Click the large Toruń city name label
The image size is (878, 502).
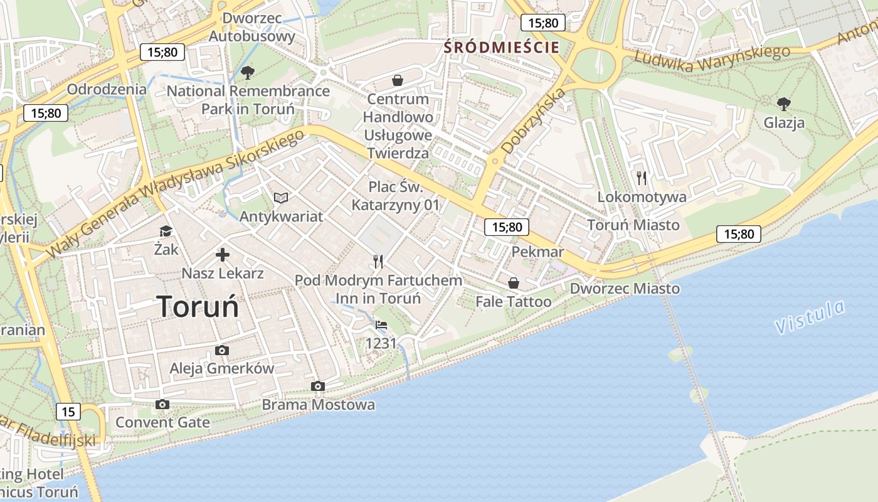pos(198,307)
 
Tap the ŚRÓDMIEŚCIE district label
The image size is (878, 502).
pos(501,46)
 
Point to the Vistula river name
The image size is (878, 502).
pos(810,317)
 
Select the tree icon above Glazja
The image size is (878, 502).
pos(783,104)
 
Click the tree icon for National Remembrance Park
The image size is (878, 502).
pos(248,73)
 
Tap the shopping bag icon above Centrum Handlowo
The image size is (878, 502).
pos(397,80)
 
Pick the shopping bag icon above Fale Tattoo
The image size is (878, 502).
pos(513,284)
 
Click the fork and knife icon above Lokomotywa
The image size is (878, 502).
pos(641,178)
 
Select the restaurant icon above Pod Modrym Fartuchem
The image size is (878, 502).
pos(378,261)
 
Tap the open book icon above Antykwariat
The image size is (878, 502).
pos(281,198)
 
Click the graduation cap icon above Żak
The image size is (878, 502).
pos(166,232)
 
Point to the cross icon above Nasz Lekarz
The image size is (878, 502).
pos(222,255)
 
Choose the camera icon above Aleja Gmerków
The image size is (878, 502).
pos(221,350)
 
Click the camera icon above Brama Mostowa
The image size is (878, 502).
pos(318,386)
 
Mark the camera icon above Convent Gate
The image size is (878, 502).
pos(162,404)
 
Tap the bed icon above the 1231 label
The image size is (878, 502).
pos(381,325)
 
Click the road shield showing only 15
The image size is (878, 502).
pos(68,412)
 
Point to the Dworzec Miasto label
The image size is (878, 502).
pos(624,289)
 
